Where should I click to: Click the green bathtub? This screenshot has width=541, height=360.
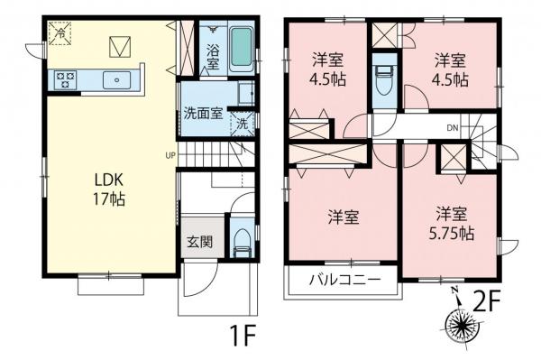(x=242, y=49)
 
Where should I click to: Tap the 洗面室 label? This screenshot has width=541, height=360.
(x=203, y=115)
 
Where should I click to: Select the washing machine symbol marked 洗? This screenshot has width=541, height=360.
(x=241, y=124)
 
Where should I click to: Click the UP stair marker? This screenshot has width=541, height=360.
(x=170, y=154)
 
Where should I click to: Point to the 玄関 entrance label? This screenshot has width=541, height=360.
(x=199, y=241)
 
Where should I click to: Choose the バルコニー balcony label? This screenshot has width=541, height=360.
(x=340, y=279)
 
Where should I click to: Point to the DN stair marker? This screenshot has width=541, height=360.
(x=453, y=128)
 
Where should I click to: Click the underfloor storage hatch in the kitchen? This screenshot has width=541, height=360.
(x=119, y=44)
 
